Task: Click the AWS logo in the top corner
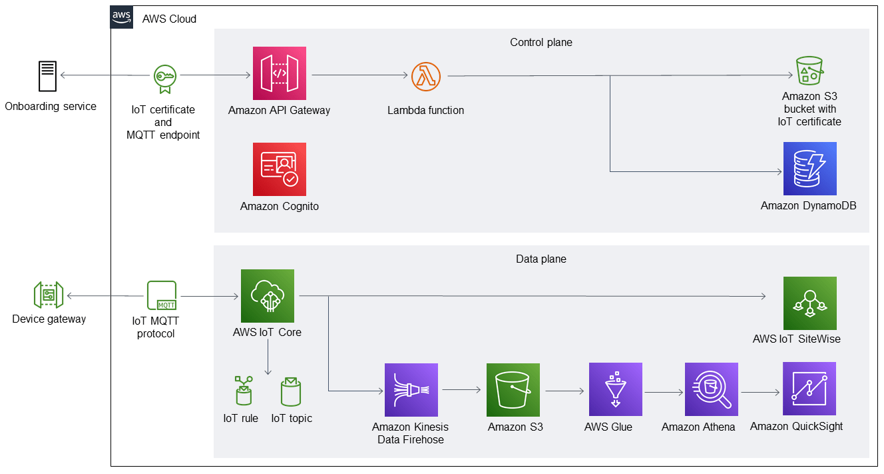[x=122, y=17]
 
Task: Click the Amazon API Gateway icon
[x=279, y=73]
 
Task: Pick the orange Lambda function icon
[x=426, y=76]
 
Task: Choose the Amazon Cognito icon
[x=279, y=169]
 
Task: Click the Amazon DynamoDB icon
[x=809, y=169]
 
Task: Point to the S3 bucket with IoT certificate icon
[x=809, y=70]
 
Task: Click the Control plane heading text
[x=541, y=42]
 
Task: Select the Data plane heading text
[x=541, y=259]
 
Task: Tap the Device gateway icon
[x=49, y=295]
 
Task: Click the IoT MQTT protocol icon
[x=162, y=295]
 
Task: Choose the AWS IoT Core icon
[x=267, y=296]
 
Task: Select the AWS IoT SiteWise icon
[x=809, y=303]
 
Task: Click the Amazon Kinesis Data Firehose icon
[x=411, y=390]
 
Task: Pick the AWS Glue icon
[x=615, y=389]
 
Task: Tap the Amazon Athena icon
[x=711, y=389]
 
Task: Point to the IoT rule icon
[x=243, y=391]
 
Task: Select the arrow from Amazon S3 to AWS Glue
[x=564, y=391]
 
